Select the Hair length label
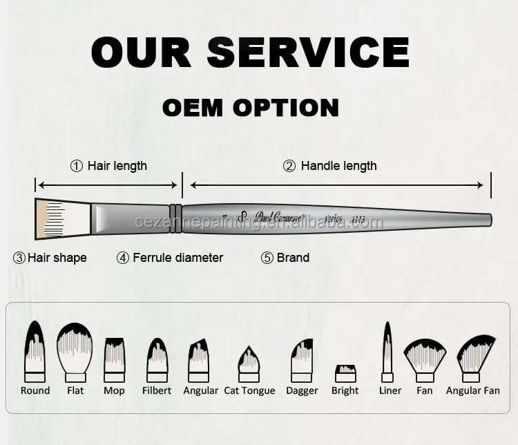tap(117, 166)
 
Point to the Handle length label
tap(338, 166)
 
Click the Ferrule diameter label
tap(178, 258)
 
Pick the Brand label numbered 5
tap(293, 258)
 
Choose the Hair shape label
tap(57, 258)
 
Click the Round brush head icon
tap(35, 350)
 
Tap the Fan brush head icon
tap(425, 356)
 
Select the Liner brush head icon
tap(387, 350)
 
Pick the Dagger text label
tap(302, 391)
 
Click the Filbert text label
tap(156, 391)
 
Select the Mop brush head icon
tap(114, 355)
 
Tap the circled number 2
tap(289, 166)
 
